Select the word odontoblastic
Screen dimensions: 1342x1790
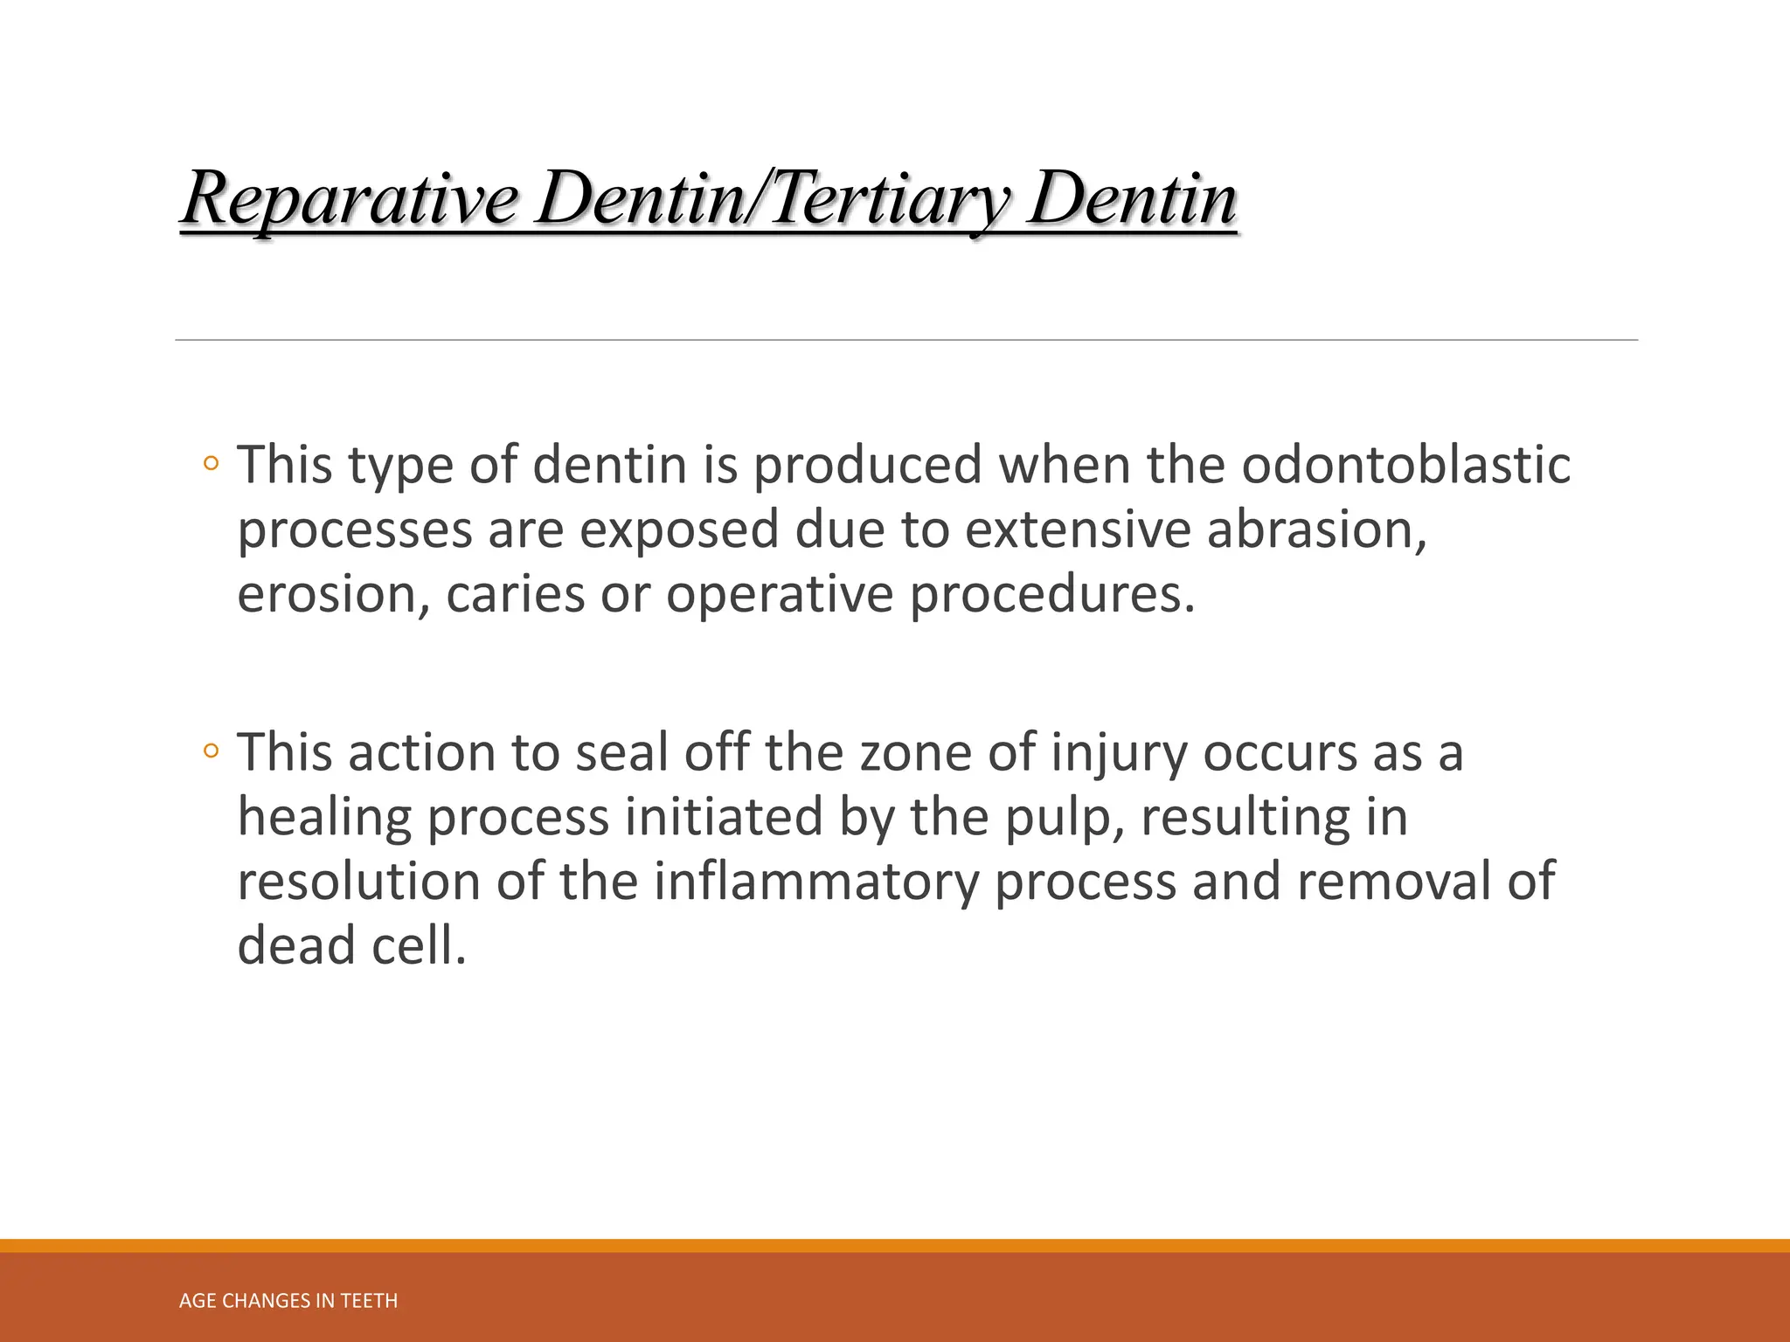1405,465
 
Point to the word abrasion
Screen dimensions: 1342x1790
1316,529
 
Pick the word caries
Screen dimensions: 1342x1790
515,594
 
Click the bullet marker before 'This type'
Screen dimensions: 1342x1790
210,464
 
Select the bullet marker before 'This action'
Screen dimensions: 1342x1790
210,751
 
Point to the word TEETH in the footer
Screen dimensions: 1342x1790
369,1301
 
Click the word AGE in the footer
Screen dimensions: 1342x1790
198,1301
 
